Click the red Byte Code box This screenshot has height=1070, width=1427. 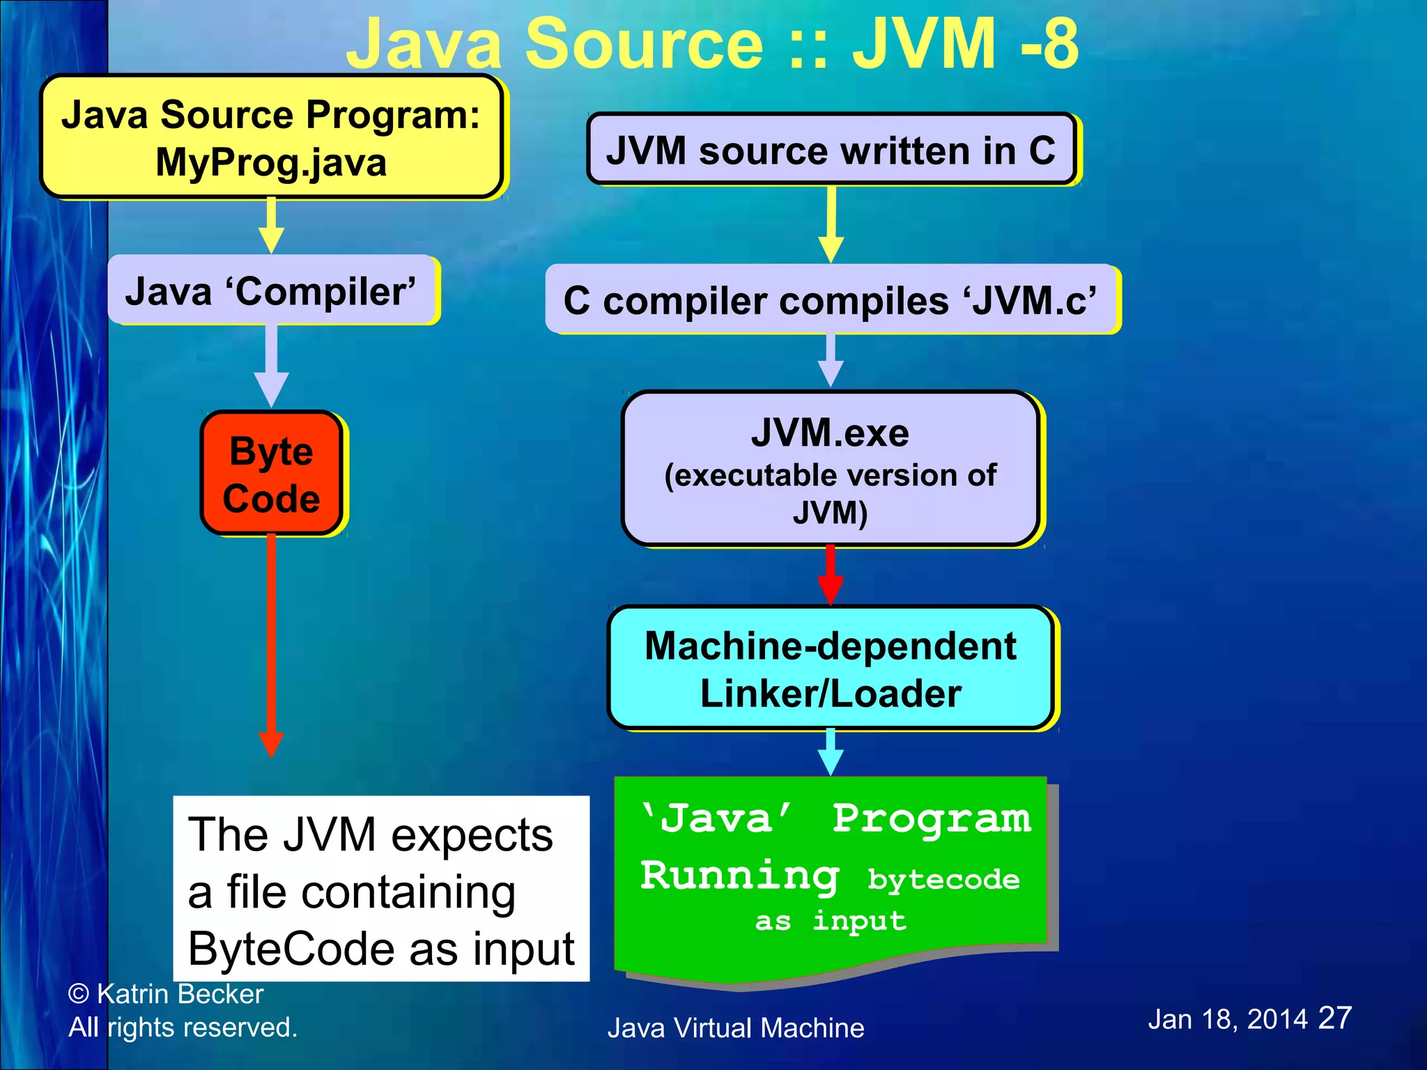coord(272,474)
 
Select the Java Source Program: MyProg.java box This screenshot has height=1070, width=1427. coord(271,137)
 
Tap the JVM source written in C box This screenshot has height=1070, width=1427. coord(831,150)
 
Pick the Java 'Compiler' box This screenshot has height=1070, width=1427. coord(271,290)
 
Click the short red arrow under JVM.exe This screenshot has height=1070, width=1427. coord(830,575)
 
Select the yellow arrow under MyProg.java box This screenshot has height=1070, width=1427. coord(271,225)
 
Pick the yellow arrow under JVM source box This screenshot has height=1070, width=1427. coord(831,223)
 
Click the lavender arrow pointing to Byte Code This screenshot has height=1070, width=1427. coord(271,366)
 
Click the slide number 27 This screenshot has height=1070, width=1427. coord(1334,1018)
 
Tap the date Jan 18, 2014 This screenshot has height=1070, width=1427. coord(1227,1020)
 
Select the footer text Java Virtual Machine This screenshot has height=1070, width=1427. coord(735,1028)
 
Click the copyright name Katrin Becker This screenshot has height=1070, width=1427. coord(180,994)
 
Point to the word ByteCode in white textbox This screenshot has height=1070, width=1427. coord(293,949)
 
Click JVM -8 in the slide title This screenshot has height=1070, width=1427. coord(965,43)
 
